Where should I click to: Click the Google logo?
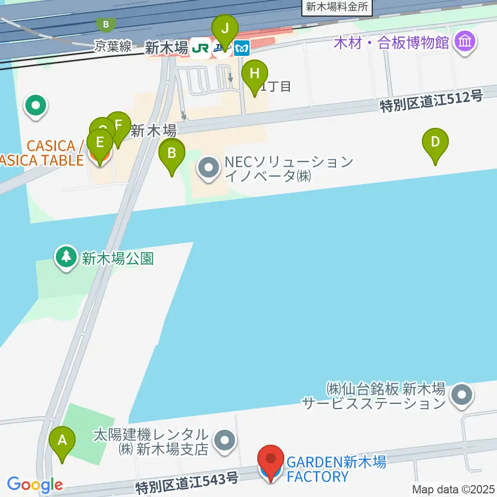pos(35,485)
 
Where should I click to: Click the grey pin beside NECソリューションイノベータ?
pos(209,168)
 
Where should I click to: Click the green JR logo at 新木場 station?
pos(200,48)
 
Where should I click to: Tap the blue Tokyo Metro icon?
pos(242,49)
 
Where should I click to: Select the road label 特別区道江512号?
pos(431,101)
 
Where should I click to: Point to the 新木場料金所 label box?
pos(337,6)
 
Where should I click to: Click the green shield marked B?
pos(106,24)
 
